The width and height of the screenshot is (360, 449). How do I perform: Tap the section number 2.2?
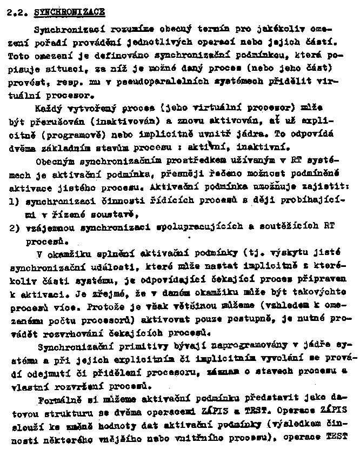pos(19,11)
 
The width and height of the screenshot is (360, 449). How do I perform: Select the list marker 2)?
pos(15,227)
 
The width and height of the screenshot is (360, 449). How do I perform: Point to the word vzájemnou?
pos(47,227)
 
